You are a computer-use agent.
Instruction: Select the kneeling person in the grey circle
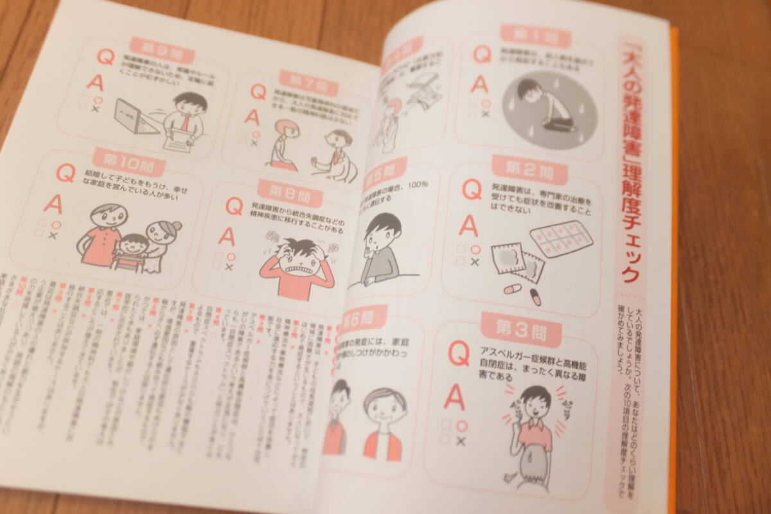click(542, 107)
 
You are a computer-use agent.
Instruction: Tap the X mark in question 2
click(474, 262)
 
